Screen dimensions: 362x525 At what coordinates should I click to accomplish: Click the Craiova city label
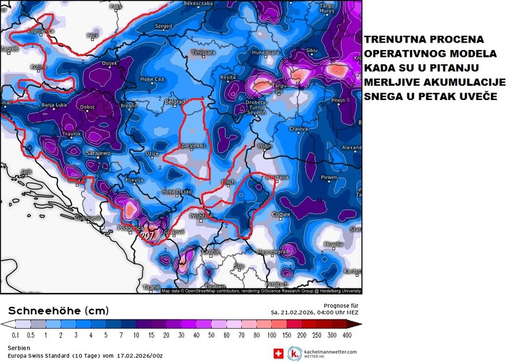298,129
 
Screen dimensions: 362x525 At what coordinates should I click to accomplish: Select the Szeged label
164,27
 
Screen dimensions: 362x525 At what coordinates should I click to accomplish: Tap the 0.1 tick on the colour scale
16,334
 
